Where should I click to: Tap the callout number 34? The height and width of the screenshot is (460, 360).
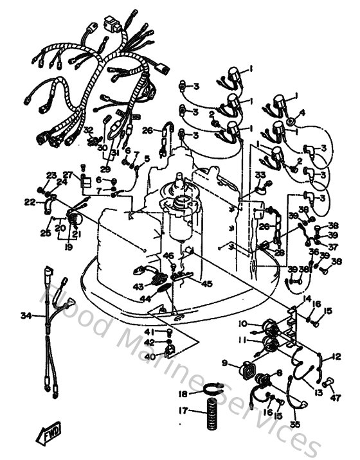tap(25, 315)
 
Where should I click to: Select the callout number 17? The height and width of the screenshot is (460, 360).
tap(183, 411)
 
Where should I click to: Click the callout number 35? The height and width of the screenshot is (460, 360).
tap(295, 425)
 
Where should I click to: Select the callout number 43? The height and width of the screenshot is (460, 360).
tap(138, 286)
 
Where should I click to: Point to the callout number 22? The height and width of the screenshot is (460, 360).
tap(30, 202)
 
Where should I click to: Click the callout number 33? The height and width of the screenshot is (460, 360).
tap(260, 175)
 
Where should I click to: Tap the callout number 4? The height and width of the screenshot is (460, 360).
tap(303, 112)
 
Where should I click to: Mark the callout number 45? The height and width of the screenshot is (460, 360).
tap(207, 283)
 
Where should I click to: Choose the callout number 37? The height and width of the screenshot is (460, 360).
tap(332, 246)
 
